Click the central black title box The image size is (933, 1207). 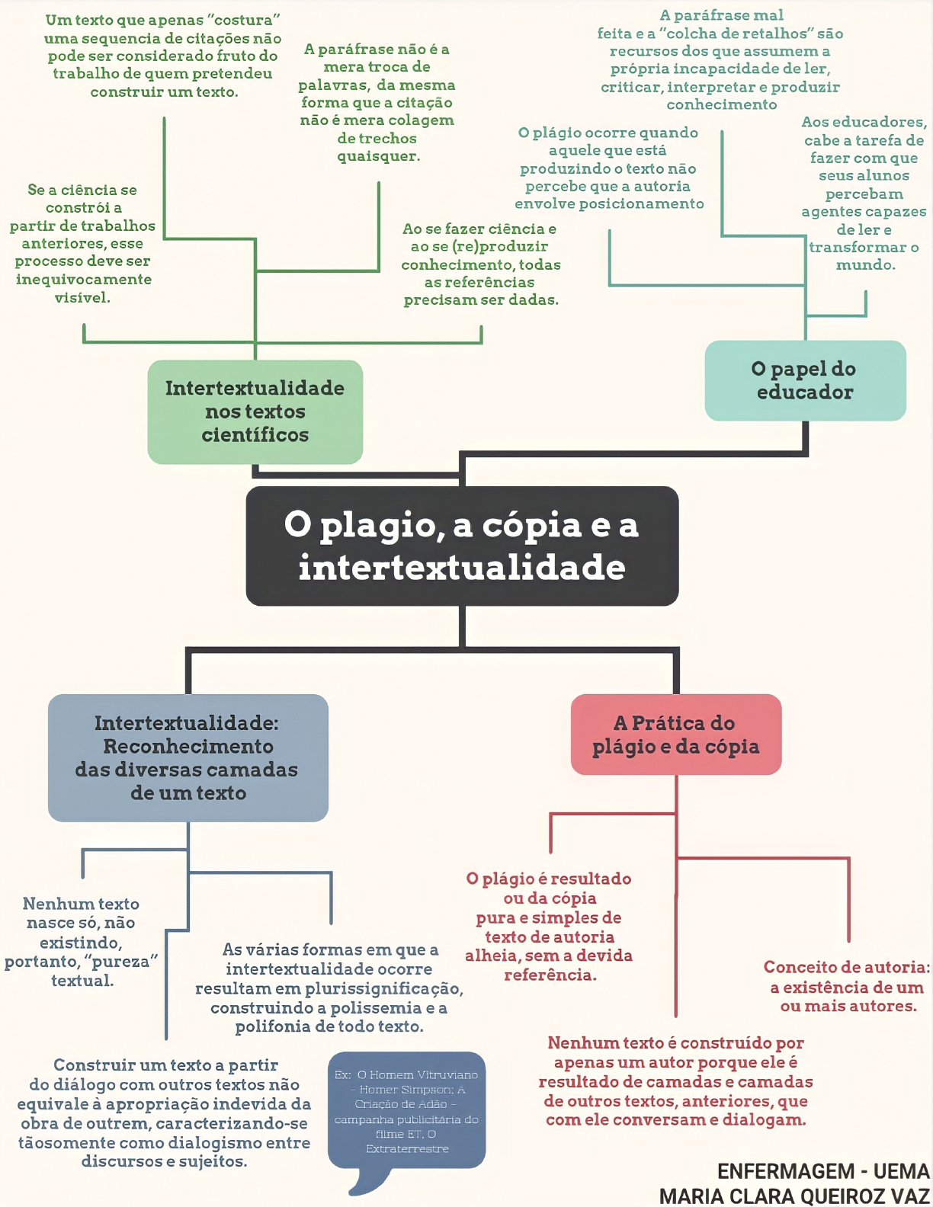[462, 546]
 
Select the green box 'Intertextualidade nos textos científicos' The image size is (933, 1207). [255, 411]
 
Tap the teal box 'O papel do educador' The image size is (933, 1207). [805, 380]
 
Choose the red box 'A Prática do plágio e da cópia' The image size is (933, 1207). [676, 735]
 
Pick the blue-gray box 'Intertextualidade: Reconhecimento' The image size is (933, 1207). [188, 757]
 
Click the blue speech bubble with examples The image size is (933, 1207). [406, 1110]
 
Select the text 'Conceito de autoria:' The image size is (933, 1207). [846, 967]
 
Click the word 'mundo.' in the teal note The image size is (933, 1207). [865, 265]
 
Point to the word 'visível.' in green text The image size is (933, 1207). [82, 298]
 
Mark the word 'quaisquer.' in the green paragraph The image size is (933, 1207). [379, 156]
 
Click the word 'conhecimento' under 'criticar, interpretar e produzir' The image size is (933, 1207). [721, 104]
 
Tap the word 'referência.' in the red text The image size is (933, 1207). [550, 975]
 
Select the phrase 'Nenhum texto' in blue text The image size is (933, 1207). [81, 904]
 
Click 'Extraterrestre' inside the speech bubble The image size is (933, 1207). [407, 1148]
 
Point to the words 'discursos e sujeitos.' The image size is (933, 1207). [164, 1161]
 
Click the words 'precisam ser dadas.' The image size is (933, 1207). [481, 300]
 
